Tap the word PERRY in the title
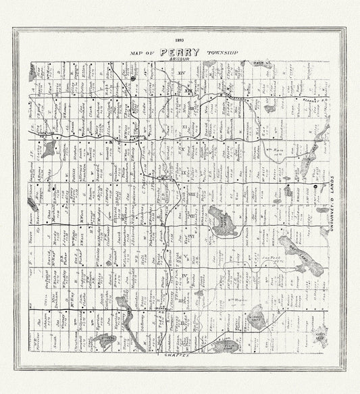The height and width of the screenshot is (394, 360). (x=180, y=52)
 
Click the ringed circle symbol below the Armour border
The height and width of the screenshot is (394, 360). (x=134, y=78)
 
